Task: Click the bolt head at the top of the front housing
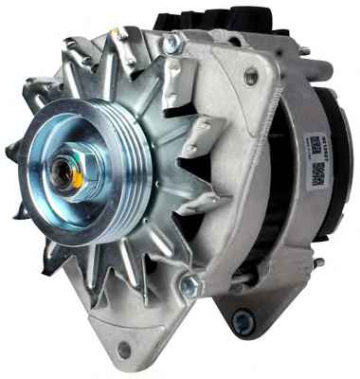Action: pos(171,43)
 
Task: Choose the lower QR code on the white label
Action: pos(318,171)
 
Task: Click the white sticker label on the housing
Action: pos(315,156)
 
